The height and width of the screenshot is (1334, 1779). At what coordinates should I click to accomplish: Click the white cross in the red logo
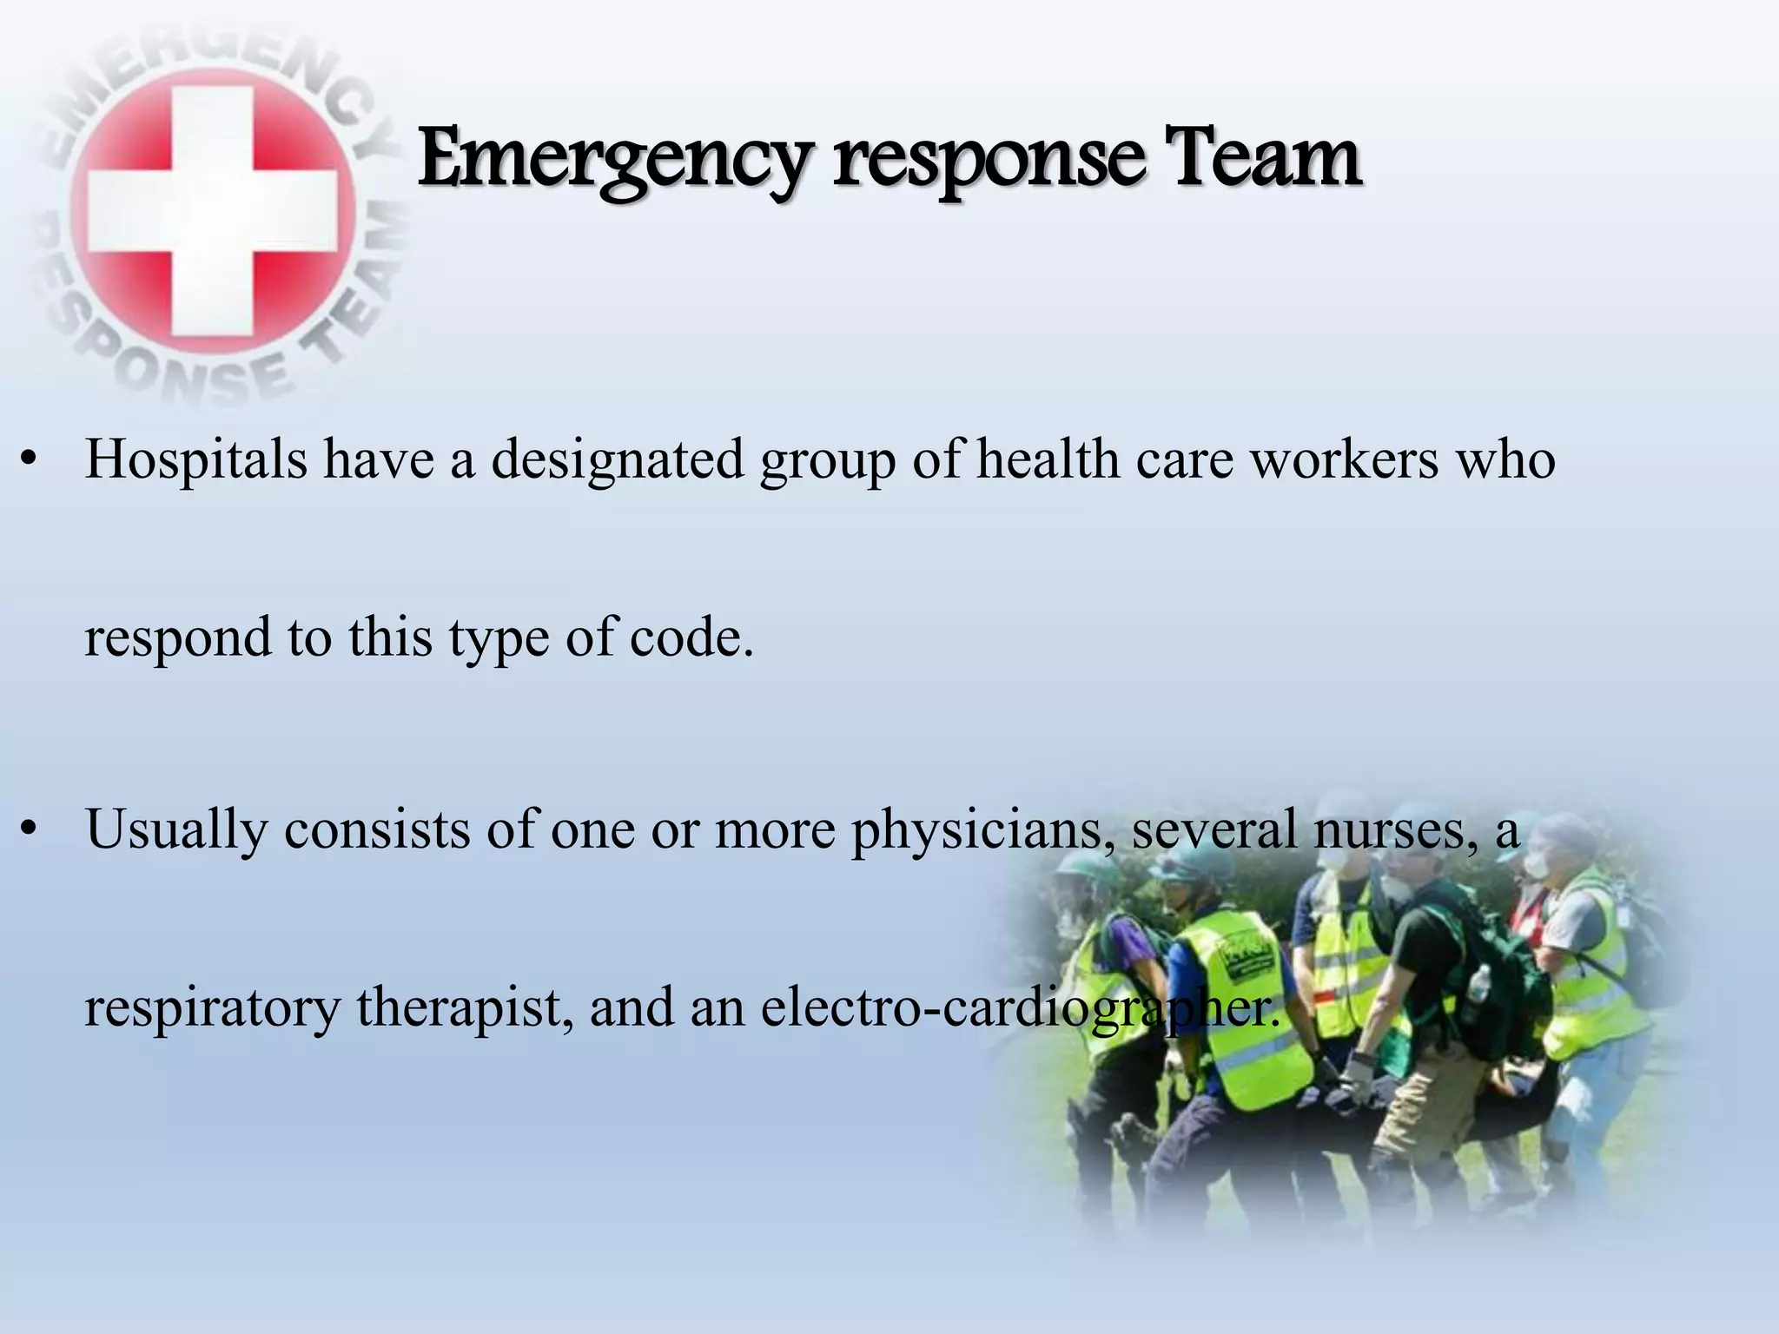[213, 213]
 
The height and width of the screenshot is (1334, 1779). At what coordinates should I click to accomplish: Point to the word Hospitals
[196, 459]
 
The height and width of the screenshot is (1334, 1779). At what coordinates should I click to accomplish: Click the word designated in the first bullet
[618, 459]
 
